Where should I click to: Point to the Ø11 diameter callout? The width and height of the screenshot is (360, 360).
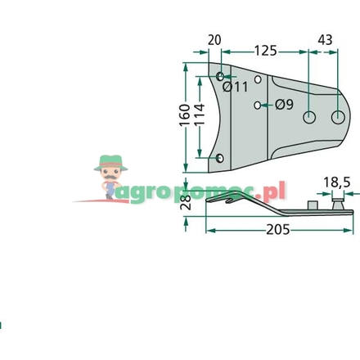tap(235, 86)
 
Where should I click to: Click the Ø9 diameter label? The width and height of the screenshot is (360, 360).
tap(285, 104)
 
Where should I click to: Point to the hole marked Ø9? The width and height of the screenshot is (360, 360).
tap(259, 105)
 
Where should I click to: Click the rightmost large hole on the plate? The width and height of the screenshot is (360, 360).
tap(335, 117)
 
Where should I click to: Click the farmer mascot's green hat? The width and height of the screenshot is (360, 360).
tap(110, 161)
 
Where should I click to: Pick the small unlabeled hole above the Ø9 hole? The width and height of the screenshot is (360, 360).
tap(259, 80)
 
